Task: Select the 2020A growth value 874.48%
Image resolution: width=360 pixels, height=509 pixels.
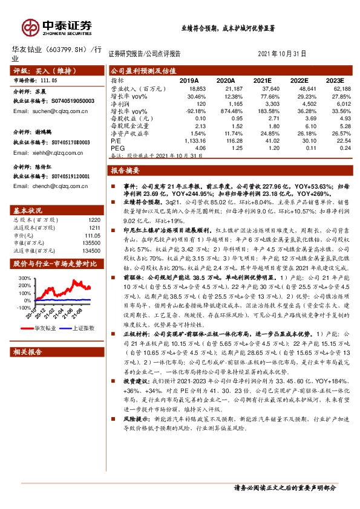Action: tap(223, 112)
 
